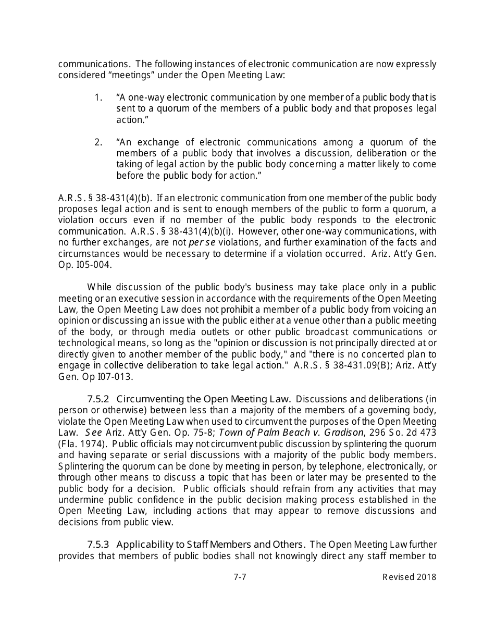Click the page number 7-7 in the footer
point(240,577)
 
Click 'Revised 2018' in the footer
point(409,577)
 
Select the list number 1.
point(97,97)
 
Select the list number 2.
point(98,142)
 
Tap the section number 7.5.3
point(98,545)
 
